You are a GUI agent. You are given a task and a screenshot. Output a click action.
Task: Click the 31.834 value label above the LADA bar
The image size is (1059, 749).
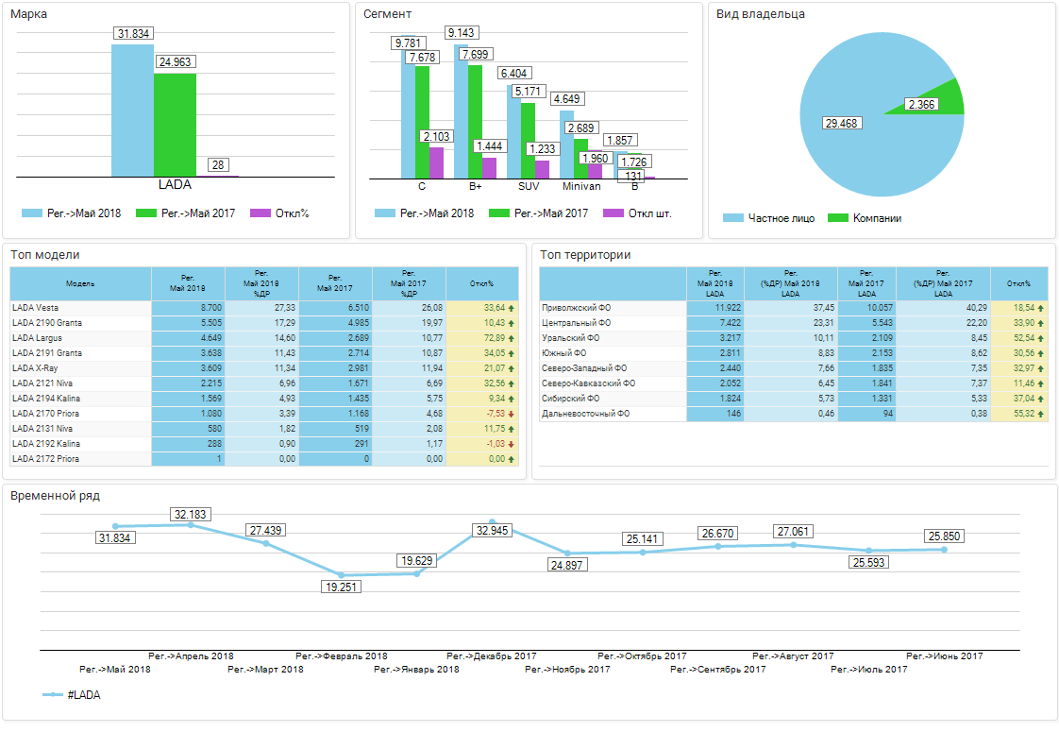(133, 34)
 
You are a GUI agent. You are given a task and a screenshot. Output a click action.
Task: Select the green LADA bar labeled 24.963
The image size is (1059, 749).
(175, 123)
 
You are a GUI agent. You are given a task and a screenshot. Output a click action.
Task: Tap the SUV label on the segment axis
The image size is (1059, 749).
(529, 186)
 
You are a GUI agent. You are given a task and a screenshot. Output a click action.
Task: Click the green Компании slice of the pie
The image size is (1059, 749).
(949, 98)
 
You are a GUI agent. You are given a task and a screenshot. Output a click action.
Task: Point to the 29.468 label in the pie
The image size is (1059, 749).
(842, 123)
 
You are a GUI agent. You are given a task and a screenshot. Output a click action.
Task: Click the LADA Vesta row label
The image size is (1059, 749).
(37, 308)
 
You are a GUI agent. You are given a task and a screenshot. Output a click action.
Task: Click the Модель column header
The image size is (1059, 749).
(80, 283)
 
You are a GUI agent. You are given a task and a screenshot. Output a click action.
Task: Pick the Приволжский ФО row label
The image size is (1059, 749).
(577, 308)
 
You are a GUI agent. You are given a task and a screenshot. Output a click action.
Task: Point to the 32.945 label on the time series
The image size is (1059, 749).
(492, 531)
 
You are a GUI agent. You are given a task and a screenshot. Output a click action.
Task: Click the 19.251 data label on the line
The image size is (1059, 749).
(341, 586)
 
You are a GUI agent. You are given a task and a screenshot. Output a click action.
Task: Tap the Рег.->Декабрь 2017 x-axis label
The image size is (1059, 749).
(492, 655)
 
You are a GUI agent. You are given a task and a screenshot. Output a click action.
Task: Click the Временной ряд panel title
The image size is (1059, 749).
(55, 495)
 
